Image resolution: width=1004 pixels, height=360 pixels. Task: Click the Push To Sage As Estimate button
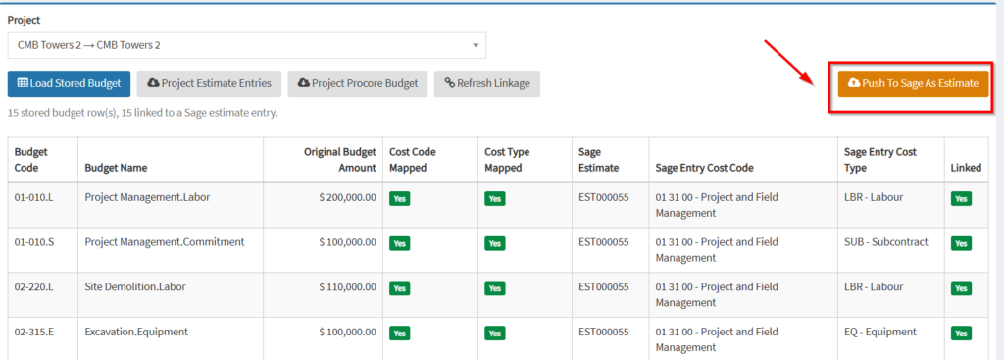913,83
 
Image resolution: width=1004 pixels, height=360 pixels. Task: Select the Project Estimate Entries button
210,83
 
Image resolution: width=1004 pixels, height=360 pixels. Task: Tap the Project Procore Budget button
358,83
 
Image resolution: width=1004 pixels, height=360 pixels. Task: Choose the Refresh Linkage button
486,83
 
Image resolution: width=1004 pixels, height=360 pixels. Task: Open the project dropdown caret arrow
476,46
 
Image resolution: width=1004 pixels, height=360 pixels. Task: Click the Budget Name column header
116,168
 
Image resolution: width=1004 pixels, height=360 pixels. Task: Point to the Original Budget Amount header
340,160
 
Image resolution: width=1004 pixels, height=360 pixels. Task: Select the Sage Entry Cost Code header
704,168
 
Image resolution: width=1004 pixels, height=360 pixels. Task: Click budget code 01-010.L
34,197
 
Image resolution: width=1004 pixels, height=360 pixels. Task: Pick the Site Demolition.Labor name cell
135,287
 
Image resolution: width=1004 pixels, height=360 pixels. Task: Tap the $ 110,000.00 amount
348,287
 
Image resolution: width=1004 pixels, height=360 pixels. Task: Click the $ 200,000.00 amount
348,197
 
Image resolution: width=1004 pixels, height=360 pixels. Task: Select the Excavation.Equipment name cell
136,332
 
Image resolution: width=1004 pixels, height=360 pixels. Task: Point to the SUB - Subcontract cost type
886,242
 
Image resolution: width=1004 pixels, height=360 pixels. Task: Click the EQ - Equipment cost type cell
880,332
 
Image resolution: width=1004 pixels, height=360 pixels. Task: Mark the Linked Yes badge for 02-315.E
961,334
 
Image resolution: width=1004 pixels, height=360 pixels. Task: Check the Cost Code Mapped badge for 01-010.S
400,243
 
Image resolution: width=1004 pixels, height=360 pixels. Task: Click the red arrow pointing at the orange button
789,64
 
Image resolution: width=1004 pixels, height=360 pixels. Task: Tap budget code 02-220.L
34,287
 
